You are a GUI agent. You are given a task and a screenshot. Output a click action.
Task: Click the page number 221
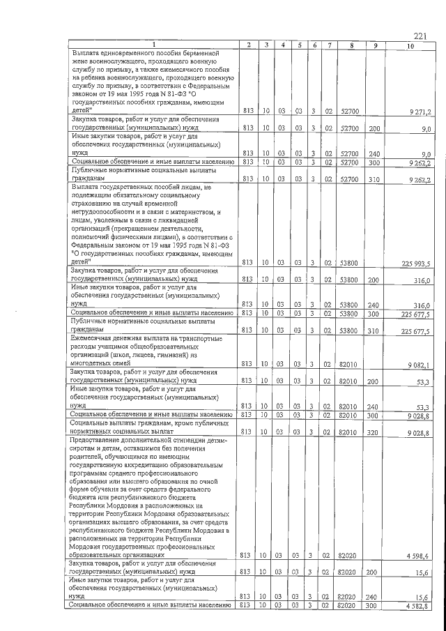click(420, 36)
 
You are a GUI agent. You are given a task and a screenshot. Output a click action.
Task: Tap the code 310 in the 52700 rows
click(374, 179)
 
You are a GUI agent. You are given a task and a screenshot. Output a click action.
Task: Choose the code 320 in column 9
click(374, 432)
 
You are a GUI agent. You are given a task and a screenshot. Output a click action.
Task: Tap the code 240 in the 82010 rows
click(374, 406)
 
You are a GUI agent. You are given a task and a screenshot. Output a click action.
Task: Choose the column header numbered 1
click(153, 46)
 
